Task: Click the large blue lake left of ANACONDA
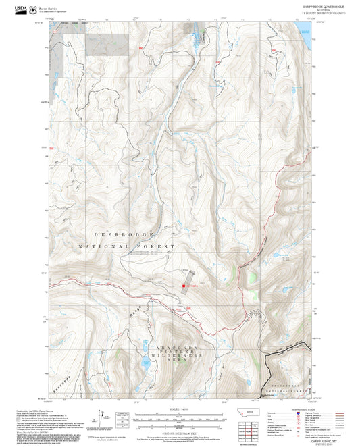pyautogui.click(x=146, y=365)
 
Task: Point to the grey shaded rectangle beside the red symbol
pyautogui.click(x=192, y=277)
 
